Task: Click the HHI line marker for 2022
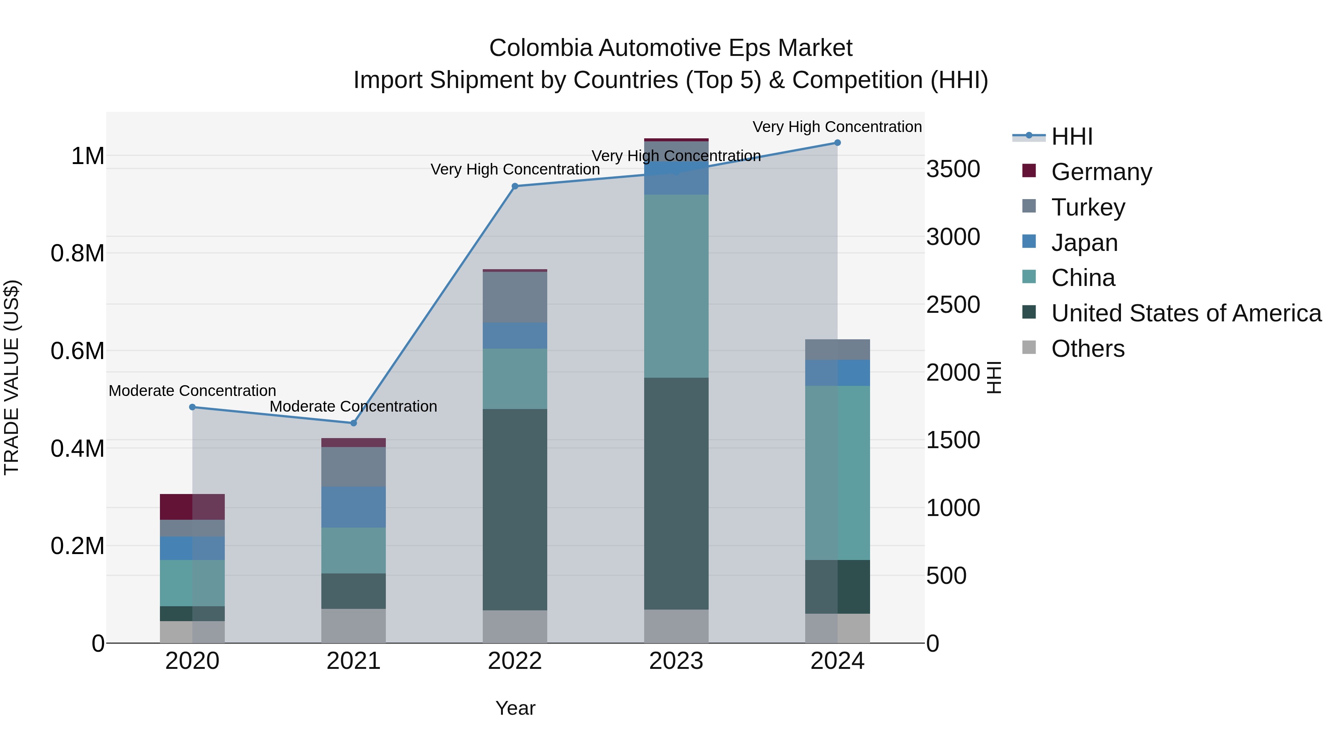pyautogui.click(x=515, y=186)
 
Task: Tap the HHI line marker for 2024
pyautogui.click(x=837, y=143)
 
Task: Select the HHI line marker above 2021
pyautogui.click(x=354, y=423)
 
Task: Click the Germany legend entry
pyautogui.click(x=1101, y=172)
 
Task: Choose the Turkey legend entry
pyautogui.click(x=1088, y=207)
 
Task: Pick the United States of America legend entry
pyautogui.click(x=1186, y=313)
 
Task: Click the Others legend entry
pyautogui.click(x=1087, y=349)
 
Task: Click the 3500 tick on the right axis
pyautogui.click(x=953, y=169)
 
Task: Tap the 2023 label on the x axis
pyautogui.click(x=676, y=661)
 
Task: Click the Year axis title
pyautogui.click(x=515, y=708)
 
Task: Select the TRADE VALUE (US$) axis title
pyautogui.click(x=12, y=377)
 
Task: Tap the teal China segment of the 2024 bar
pyautogui.click(x=837, y=473)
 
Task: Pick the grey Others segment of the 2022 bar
pyautogui.click(x=515, y=626)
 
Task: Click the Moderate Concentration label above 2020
pyautogui.click(x=192, y=391)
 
